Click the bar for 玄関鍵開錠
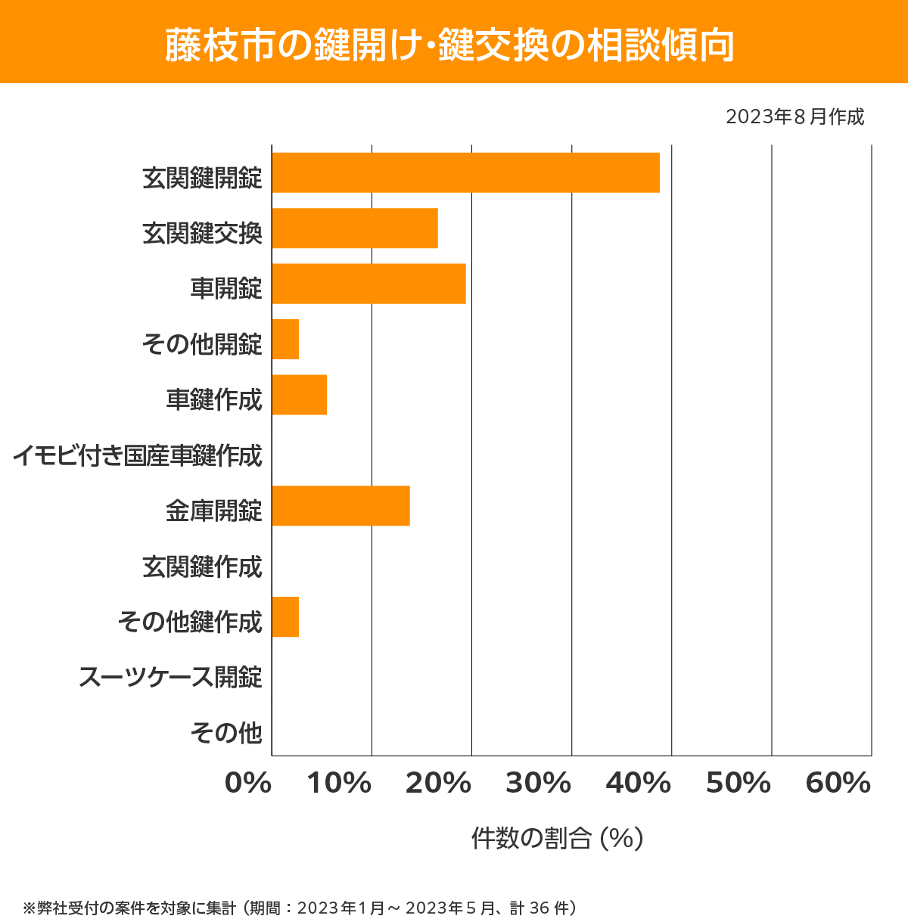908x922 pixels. coord(465,172)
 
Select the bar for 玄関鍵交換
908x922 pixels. coord(355,228)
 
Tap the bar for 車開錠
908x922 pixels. coord(368,284)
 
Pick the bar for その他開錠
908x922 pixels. coord(285,339)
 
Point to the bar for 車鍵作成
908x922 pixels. coord(299,395)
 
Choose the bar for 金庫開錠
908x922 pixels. coord(340,505)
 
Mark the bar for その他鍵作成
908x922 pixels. coord(285,616)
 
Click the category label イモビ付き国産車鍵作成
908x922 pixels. coord(137,455)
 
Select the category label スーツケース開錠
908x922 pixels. coord(170,677)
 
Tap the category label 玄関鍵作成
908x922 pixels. coord(202,567)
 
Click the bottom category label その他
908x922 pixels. coord(225,732)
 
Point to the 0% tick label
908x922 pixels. coord(248,784)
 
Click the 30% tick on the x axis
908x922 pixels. coord(538,784)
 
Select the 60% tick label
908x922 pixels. coord(838,784)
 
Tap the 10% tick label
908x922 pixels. coord(339,784)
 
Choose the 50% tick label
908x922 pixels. coord(738,784)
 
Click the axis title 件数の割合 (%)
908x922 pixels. coord(557,838)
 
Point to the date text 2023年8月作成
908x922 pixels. coord(794,117)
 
